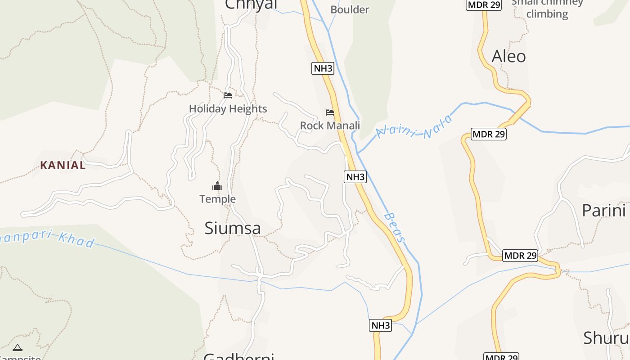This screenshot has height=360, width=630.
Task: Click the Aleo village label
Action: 508,57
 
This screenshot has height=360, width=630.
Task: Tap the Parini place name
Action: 603,211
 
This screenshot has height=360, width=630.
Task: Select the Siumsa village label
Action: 232,229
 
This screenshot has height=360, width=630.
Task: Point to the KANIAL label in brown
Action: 63,165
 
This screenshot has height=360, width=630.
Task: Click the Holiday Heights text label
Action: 228,109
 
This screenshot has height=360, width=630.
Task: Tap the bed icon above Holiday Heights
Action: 228,95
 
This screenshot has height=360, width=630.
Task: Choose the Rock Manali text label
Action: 330,126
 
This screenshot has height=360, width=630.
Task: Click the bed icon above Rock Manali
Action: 330,112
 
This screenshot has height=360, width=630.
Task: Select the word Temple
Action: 217,199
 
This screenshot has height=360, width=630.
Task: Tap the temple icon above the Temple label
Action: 217,186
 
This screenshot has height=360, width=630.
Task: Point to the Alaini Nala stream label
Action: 414,126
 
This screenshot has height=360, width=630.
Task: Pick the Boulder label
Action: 350,9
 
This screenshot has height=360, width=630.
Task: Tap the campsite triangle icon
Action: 18,347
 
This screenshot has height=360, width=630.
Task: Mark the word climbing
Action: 547,14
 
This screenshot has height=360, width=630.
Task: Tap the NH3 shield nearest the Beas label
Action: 355,177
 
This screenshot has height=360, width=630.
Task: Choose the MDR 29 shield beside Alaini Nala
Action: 489,134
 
